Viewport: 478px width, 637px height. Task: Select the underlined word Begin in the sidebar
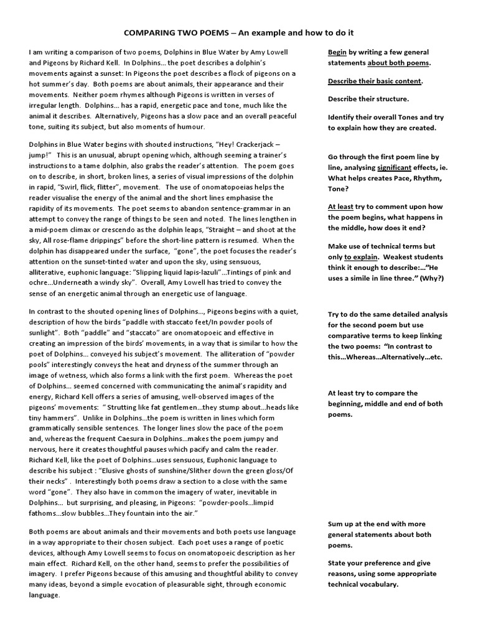tap(337, 52)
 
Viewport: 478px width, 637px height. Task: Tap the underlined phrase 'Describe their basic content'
tap(375, 81)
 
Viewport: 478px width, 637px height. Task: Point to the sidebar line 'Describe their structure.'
tap(368, 99)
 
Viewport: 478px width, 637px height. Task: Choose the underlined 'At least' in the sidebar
tap(340, 207)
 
